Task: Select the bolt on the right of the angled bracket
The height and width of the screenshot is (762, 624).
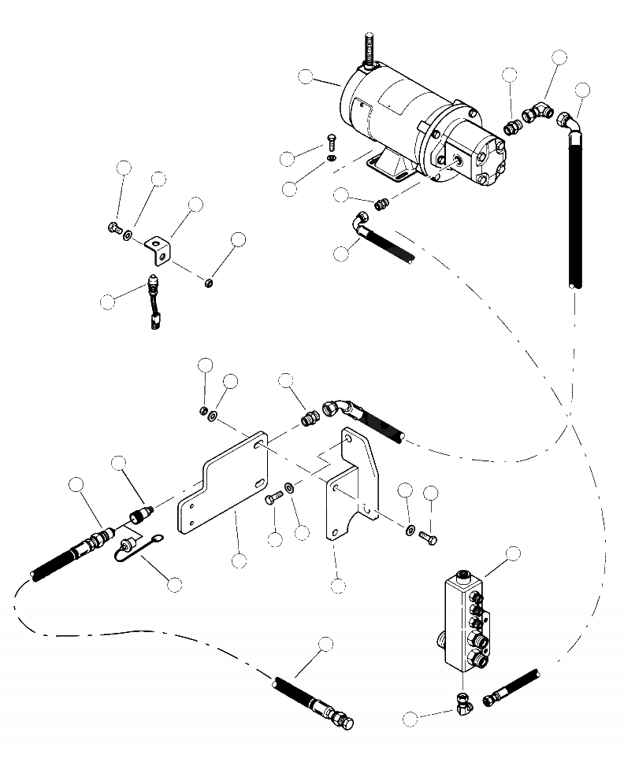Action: coord(427,537)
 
